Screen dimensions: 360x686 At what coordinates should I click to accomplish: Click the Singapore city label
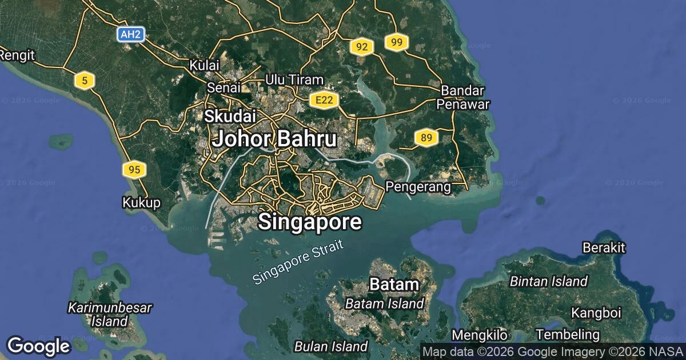[310, 222]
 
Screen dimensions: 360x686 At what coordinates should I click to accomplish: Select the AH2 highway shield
[130, 34]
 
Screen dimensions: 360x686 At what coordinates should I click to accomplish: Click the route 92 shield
[361, 47]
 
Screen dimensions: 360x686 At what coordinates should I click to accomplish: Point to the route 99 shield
[397, 42]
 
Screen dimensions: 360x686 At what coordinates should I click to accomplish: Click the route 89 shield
[426, 137]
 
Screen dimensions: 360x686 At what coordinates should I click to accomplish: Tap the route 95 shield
[134, 169]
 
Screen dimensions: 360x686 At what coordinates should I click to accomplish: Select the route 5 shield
[85, 81]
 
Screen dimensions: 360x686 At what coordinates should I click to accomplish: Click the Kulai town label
[205, 65]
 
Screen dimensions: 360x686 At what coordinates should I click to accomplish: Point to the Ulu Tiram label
[294, 80]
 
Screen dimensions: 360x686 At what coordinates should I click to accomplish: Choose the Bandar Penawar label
[462, 97]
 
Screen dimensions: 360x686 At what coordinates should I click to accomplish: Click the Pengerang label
[418, 186]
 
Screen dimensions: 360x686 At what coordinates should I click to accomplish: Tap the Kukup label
[141, 202]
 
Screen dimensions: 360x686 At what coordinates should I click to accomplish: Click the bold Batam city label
[394, 284]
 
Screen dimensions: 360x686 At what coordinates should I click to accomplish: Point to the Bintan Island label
[549, 281]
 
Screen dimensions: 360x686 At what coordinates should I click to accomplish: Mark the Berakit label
[604, 247]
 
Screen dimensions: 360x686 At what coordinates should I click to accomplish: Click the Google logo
[38, 346]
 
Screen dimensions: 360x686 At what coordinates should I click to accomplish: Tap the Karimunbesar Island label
[110, 314]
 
